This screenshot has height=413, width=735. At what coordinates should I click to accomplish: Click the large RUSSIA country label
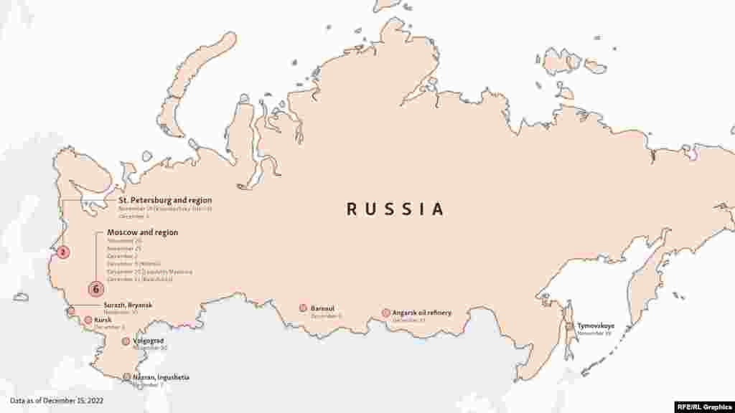point(395,209)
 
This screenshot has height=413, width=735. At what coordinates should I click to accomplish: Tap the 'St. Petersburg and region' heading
point(165,200)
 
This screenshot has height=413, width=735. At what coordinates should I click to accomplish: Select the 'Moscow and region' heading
point(142,232)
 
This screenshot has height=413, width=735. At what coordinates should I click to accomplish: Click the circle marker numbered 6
point(95,289)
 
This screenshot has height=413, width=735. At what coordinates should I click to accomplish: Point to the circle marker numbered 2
point(63,252)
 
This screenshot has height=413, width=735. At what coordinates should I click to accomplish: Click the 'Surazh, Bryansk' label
point(123,305)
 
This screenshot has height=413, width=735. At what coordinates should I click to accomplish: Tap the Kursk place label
point(103,320)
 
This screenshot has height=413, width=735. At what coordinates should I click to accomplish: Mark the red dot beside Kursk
point(88,321)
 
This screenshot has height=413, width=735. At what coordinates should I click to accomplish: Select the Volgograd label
point(148,341)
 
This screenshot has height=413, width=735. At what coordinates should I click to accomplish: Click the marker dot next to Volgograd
point(126,341)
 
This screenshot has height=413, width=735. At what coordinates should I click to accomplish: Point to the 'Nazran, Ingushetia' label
point(161,376)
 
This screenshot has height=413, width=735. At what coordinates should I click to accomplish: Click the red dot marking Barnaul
point(303,308)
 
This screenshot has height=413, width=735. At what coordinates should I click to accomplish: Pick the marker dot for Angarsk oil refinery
point(386,313)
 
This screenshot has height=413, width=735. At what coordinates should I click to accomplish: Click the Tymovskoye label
point(596,326)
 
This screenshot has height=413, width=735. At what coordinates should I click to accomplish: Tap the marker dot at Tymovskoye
point(569,326)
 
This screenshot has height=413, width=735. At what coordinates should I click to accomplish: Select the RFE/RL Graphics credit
point(703,406)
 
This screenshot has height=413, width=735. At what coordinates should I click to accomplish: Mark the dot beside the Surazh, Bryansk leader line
point(71,310)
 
